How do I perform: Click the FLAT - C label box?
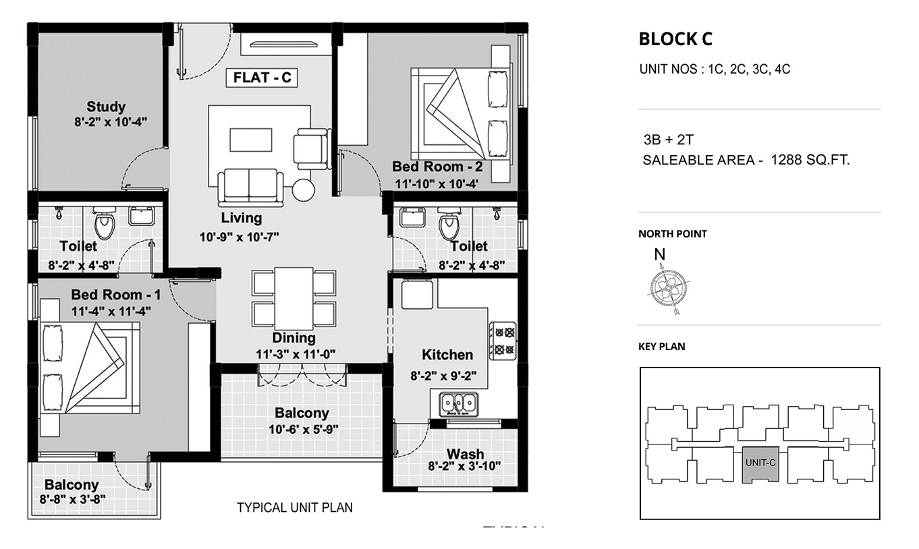pos(262,78)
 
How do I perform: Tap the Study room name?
pos(106,107)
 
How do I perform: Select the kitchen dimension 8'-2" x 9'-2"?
pos(443,376)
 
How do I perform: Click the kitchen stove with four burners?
pos(503,341)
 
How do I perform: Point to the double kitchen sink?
pos(459,403)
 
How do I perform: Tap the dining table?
pos(294,298)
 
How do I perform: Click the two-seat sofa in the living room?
pos(250,187)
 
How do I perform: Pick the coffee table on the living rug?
pos(251,140)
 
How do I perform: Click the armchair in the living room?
pos(312,149)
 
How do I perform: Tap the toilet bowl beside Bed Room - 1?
pos(104,223)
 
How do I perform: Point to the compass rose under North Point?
pos(668,288)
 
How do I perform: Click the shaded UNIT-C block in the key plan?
pos(760,464)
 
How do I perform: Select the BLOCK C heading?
pos(675,39)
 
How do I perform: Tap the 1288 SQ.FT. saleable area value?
pos(810,160)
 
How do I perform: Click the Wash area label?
pos(466,454)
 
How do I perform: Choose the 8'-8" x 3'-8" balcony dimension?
pos(73,500)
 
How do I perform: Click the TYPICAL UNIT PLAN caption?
pos(295,508)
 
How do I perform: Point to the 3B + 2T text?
pos(668,140)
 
